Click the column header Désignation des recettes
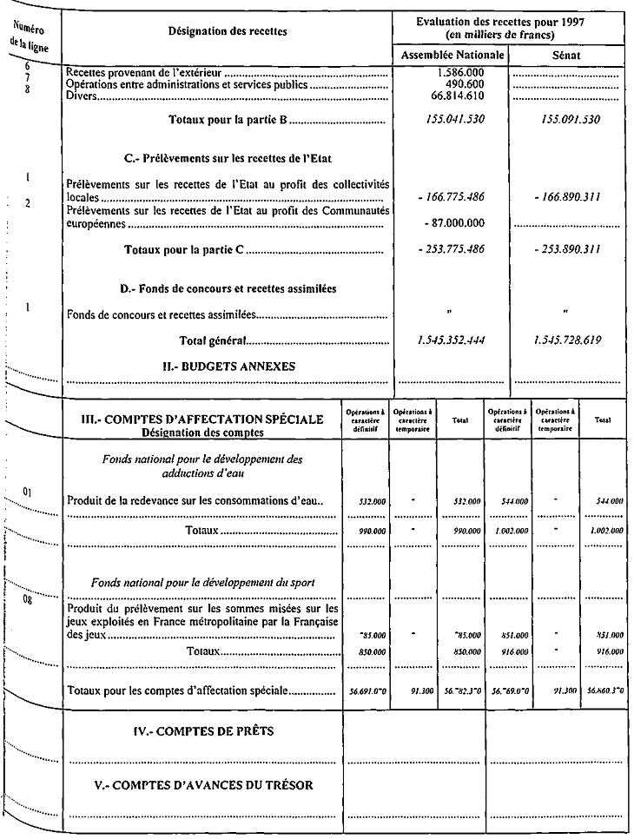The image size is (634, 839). point(228,31)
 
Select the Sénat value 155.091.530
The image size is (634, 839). point(566,119)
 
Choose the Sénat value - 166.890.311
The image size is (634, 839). point(567,198)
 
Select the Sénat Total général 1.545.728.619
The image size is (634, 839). point(566,340)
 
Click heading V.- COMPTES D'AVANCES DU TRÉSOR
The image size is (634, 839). point(203,785)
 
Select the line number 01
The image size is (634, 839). point(28,493)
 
